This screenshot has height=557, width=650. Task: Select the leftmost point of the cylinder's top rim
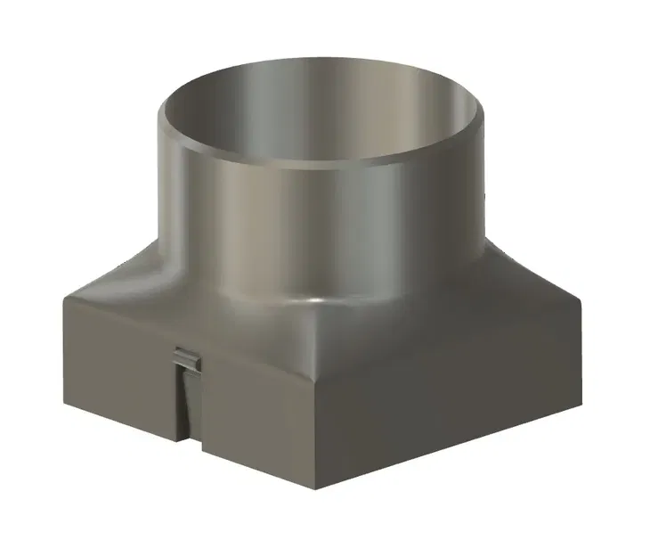[158, 116]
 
